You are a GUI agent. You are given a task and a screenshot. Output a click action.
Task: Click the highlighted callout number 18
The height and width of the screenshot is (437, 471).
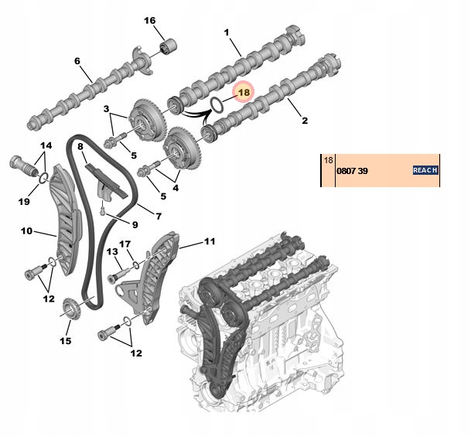point(244,92)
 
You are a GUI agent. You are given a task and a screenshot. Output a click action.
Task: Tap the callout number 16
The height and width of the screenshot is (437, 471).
point(149,20)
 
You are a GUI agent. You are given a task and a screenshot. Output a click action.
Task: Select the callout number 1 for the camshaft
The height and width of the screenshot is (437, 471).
point(227,32)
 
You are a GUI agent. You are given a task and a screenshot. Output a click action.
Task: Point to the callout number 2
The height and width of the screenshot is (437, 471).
point(304,121)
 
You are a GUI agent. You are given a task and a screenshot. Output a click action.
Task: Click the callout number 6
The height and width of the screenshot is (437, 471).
point(77,61)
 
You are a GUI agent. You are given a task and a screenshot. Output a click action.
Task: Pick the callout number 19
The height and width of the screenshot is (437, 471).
point(23,202)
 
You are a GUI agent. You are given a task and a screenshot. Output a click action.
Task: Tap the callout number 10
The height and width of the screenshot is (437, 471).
point(26,230)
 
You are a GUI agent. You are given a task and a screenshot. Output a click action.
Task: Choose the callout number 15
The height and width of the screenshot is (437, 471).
point(65,340)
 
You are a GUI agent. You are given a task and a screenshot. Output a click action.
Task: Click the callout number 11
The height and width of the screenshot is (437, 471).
point(210,242)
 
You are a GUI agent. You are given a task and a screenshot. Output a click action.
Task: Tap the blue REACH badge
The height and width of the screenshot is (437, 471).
point(425,170)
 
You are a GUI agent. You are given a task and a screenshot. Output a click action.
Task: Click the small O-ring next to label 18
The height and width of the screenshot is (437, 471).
point(219,103)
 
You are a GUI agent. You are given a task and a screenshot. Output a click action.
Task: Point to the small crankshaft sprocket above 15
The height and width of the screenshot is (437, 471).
point(71,312)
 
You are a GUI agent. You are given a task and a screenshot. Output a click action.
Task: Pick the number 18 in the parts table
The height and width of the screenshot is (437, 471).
point(328,160)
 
